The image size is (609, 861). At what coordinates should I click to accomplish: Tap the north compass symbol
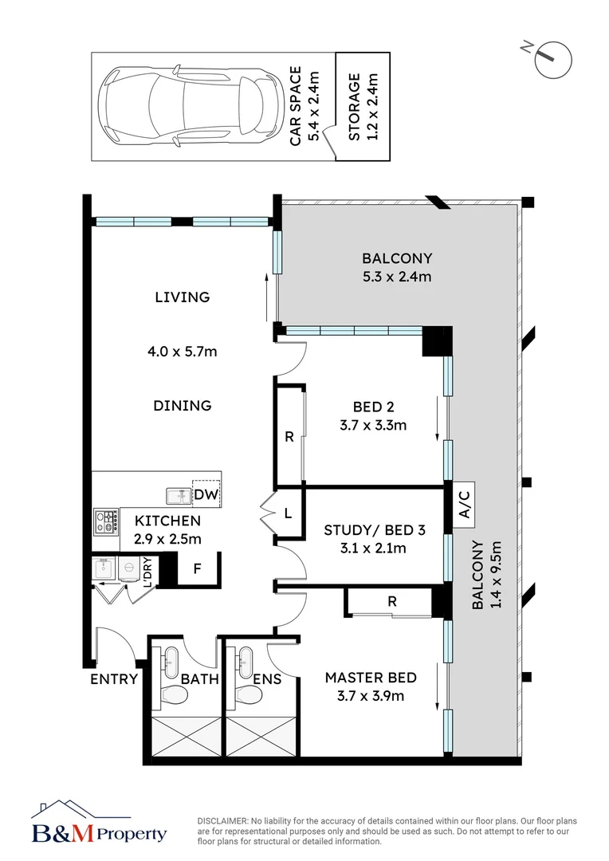click(x=552, y=59)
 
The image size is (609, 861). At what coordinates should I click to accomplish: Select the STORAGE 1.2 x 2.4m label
click(x=363, y=107)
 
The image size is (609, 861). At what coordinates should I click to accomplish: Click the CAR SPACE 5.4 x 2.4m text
click(x=304, y=106)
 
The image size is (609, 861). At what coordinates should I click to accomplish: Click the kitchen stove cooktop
click(x=106, y=521)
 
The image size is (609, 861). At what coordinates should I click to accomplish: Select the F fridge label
click(x=197, y=569)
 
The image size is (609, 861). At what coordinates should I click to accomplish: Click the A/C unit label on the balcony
click(x=463, y=504)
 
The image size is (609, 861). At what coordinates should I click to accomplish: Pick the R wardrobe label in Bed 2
click(x=289, y=437)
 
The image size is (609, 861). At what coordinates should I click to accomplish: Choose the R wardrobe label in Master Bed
click(x=391, y=602)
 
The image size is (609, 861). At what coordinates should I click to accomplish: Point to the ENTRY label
click(x=113, y=679)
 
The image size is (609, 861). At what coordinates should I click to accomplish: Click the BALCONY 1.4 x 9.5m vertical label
click(x=485, y=575)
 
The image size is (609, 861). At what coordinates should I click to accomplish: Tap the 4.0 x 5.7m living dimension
click(x=183, y=351)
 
